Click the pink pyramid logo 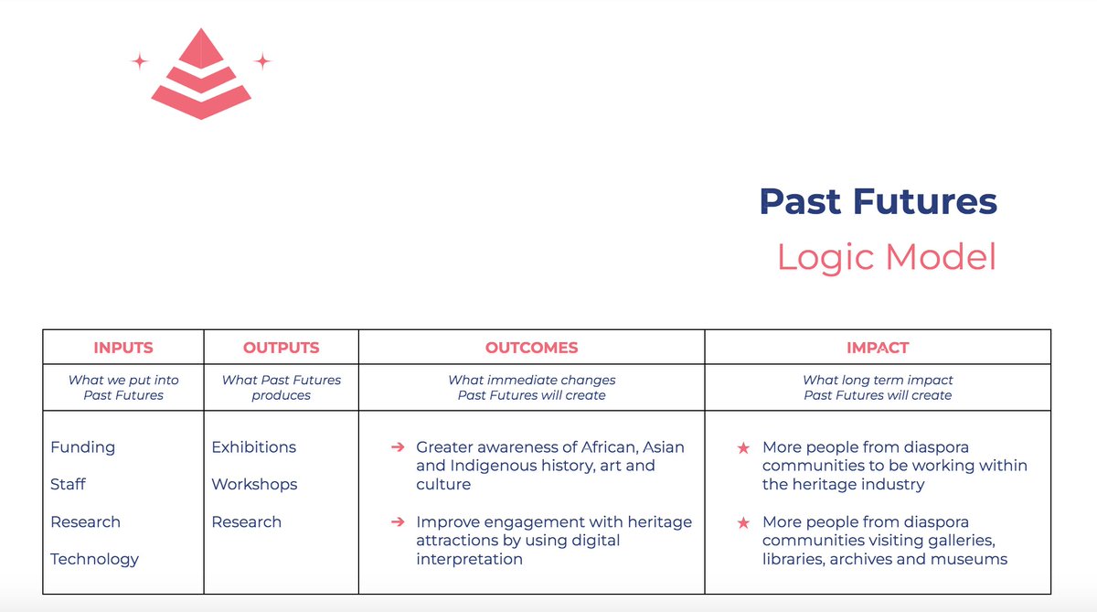coord(200,75)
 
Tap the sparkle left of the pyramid coord(140,61)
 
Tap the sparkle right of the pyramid coord(262,61)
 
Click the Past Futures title coord(878,201)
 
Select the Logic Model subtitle coord(886,257)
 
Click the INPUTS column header coord(123,348)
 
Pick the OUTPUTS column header coord(282,348)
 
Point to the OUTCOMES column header coord(531,348)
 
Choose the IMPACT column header coord(878,348)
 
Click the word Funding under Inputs coord(83,447)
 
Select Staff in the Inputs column coord(69,484)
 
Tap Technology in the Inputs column coord(95,559)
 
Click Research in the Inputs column coord(86,521)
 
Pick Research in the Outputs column coord(247,521)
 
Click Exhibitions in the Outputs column coord(254,447)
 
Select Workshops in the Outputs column coord(255,484)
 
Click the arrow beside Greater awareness coord(398,447)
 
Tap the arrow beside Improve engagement coord(398,521)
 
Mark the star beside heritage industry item coord(744,448)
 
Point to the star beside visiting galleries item coord(744,522)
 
